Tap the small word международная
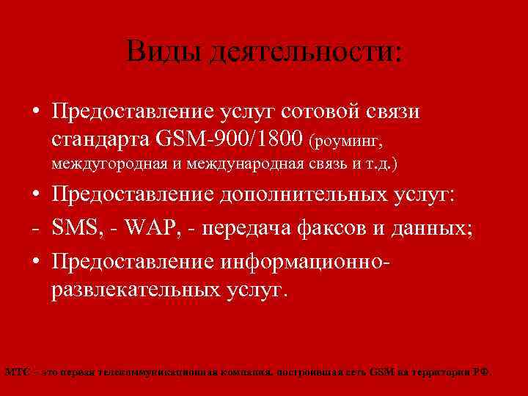click(241, 164)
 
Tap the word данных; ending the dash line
click(432, 229)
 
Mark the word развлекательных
click(135, 288)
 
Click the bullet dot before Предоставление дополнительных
click(35, 197)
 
